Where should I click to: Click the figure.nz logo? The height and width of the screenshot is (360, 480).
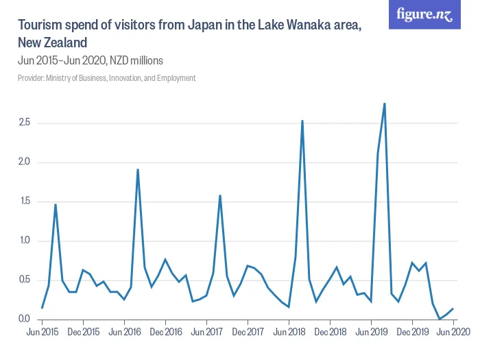(424, 15)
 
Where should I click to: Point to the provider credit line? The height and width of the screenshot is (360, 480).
(107, 78)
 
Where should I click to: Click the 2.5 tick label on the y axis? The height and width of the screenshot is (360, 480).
(24, 123)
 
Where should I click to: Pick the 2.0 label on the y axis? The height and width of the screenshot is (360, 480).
(24, 163)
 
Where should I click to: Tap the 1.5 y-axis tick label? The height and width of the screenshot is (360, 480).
(24, 202)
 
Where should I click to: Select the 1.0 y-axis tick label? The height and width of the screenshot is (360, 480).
(24, 241)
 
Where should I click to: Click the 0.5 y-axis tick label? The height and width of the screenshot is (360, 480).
(24, 280)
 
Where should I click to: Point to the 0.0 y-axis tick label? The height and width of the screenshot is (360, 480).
(24, 319)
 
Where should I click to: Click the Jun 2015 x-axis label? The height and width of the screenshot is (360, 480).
(42, 332)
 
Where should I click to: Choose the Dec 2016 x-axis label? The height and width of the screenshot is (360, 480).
(165, 332)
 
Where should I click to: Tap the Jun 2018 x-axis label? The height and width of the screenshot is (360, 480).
(289, 332)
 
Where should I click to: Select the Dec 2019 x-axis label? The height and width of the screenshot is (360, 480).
(412, 332)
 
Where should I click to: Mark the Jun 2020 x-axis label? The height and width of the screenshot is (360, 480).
(453, 332)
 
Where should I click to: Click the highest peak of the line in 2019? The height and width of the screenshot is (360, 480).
(385, 104)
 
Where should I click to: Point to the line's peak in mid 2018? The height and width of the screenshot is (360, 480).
(302, 121)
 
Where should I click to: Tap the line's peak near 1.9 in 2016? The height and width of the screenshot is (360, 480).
(138, 169)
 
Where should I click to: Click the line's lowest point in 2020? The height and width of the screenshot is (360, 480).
(440, 319)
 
